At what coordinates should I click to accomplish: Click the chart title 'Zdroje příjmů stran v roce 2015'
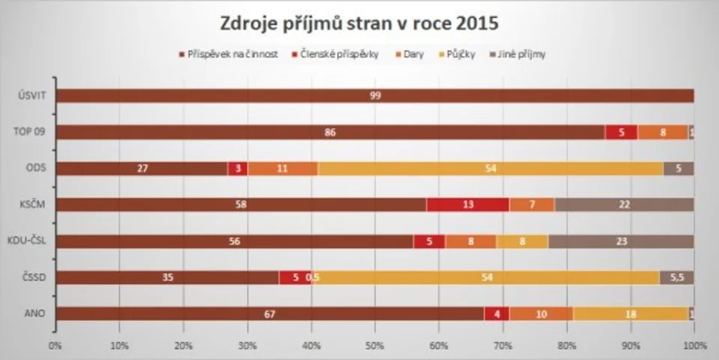(359, 24)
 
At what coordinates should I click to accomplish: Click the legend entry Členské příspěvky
(339, 55)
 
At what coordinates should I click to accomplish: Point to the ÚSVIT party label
(31, 96)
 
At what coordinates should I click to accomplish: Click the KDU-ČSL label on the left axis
(28, 241)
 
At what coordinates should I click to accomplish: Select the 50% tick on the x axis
(374, 346)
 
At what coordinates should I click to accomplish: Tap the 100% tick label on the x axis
(694, 346)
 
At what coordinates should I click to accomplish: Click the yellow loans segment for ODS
(491, 168)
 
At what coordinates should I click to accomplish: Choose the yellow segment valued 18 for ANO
(631, 314)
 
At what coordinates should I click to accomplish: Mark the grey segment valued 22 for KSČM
(624, 204)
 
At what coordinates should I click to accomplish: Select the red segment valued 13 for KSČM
(468, 204)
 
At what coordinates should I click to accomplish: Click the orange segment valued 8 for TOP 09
(663, 132)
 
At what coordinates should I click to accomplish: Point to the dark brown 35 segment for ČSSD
(167, 278)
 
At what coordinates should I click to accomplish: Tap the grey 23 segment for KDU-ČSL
(621, 241)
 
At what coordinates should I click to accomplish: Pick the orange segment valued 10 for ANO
(541, 314)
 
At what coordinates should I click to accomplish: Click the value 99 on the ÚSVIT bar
(374, 96)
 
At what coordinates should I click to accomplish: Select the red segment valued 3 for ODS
(237, 168)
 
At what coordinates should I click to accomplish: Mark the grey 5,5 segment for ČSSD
(676, 278)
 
